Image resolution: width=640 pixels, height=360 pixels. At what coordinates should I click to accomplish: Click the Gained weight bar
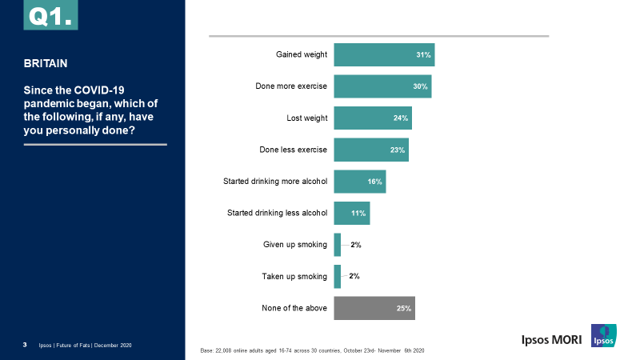(384, 54)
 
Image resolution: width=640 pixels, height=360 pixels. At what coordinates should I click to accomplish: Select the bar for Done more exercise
(382, 86)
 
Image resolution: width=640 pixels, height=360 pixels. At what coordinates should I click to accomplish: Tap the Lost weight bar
(373, 118)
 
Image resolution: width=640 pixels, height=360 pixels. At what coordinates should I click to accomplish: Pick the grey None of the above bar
(374, 308)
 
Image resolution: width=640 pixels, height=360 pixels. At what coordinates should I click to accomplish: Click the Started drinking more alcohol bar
(360, 182)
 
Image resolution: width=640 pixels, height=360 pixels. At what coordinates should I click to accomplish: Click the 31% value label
(424, 54)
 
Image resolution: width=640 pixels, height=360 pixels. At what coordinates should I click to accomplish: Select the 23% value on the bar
(398, 150)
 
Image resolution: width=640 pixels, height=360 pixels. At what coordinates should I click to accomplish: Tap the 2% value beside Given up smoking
(356, 245)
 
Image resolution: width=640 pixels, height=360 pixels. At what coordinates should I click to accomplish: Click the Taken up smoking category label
(294, 277)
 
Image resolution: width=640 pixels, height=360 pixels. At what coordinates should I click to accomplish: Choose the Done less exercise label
(293, 150)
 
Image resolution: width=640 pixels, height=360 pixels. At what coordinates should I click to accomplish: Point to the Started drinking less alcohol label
(278, 213)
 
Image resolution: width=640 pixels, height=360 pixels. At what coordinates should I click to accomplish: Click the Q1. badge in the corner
(50, 15)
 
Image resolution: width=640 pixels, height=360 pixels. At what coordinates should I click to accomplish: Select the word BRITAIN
(46, 62)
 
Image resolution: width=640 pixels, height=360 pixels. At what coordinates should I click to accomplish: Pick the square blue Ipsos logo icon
(603, 336)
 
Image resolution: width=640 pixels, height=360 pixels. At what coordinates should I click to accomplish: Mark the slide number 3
(26, 345)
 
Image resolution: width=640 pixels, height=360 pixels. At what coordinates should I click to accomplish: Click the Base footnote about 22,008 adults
(312, 351)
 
